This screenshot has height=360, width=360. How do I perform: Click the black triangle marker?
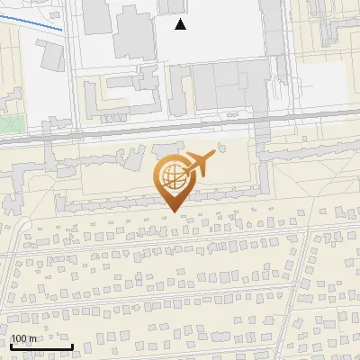tap(181, 24)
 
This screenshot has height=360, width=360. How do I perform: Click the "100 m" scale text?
tap(23, 338)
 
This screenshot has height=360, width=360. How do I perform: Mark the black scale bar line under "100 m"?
tap(40, 346)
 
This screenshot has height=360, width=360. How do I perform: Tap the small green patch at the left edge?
tap(7, 123)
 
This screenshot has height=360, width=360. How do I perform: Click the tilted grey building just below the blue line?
tap(52, 56)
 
